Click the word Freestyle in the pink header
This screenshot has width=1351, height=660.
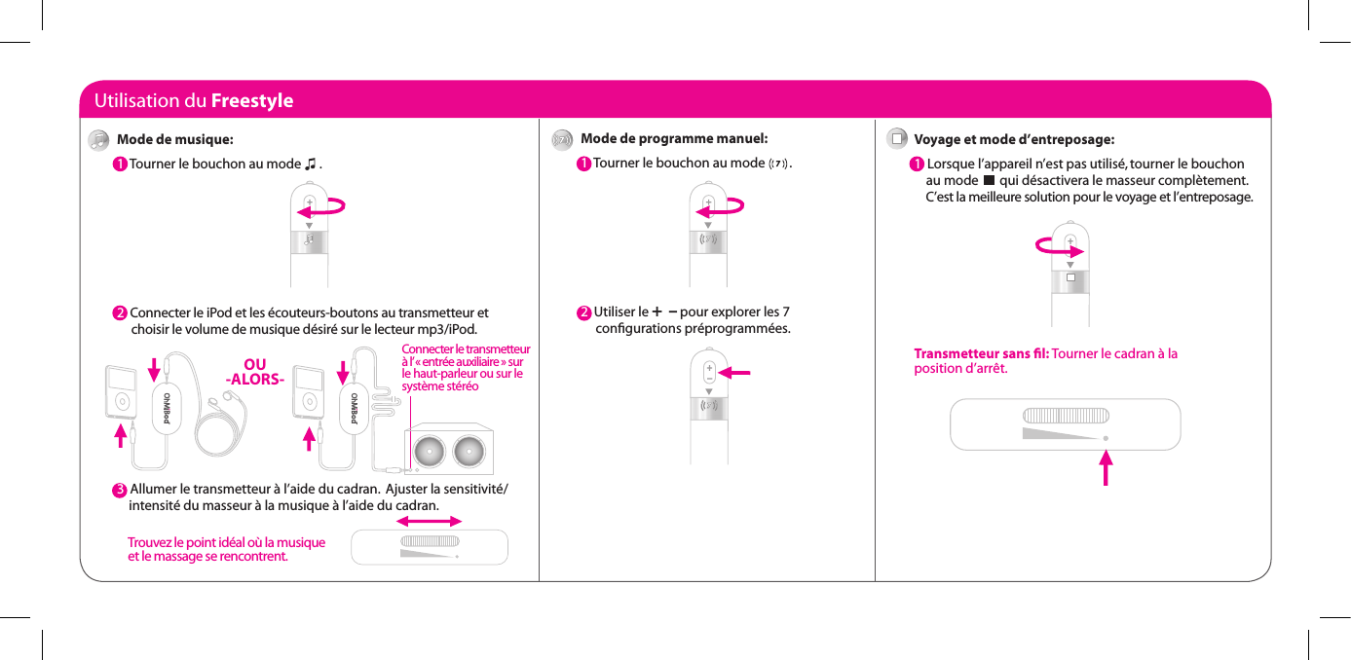[x=251, y=101]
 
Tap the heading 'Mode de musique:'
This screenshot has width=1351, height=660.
[x=174, y=139]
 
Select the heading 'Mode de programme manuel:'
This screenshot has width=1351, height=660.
[x=674, y=139]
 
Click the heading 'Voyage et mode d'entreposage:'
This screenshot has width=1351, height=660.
[x=1014, y=139]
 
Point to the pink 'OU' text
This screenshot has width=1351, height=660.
[x=254, y=365]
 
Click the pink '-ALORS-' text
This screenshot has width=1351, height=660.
[x=254, y=379]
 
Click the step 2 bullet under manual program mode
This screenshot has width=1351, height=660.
[x=583, y=312]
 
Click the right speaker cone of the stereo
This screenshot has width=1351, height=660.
[x=469, y=450]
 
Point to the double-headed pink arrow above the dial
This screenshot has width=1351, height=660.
[x=430, y=522]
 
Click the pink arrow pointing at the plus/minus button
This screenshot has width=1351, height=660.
[x=741, y=371]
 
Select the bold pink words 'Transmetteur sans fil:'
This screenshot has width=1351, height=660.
[x=981, y=353]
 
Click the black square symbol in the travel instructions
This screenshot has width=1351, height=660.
[x=989, y=180]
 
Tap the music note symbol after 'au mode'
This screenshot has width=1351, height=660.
[x=310, y=164]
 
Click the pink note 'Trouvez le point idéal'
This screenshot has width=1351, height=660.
[x=226, y=549]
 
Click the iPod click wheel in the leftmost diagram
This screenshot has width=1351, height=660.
[x=121, y=399]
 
